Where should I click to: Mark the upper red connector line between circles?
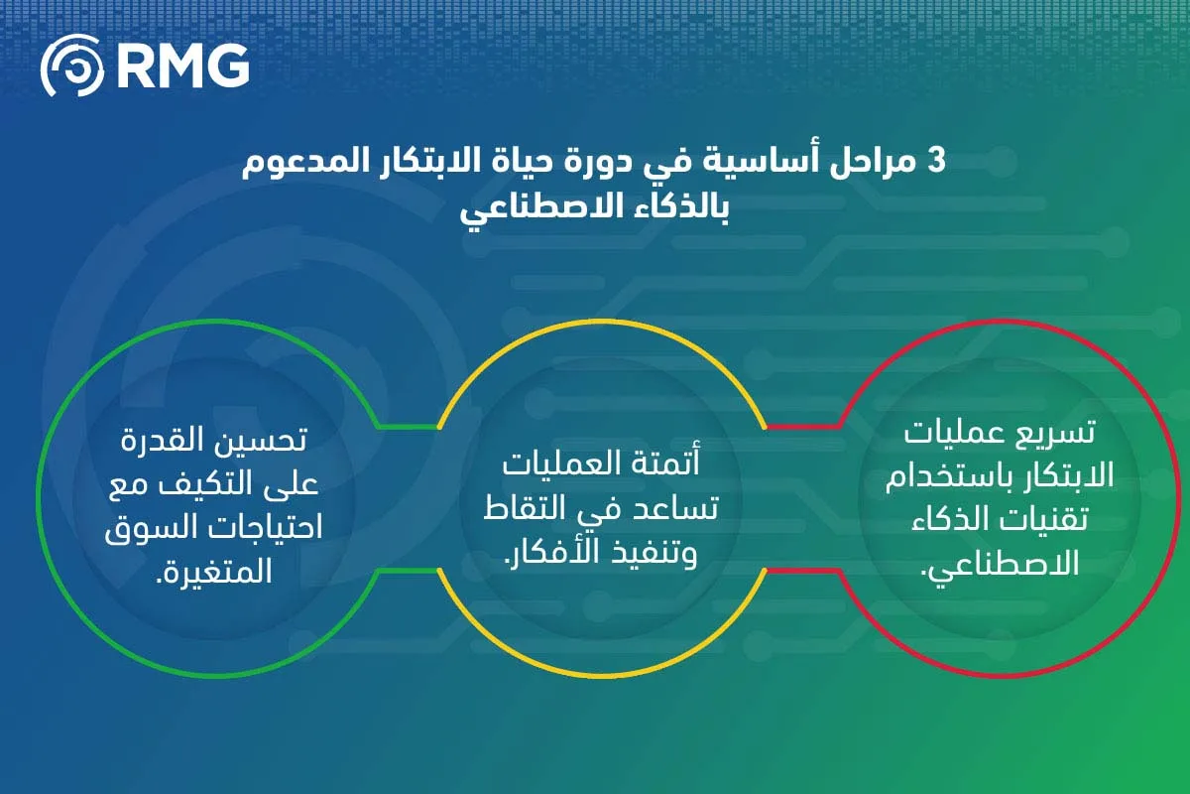click(x=803, y=427)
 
